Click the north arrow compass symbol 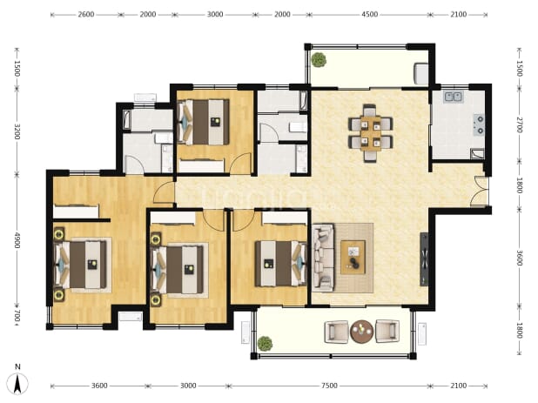coord(17,383)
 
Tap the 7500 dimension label coord(329,386)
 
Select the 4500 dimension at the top coord(369,15)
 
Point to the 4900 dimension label coord(17,240)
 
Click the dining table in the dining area coord(371,133)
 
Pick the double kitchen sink coord(454,97)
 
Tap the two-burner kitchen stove coord(479,124)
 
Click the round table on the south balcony coord(361,332)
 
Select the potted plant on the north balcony coord(319,60)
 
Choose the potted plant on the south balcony coord(265,343)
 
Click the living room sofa coord(323,258)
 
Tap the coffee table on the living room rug coord(353,258)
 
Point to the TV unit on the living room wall coord(425,259)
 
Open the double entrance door coord(480,192)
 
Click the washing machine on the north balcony coord(421,73)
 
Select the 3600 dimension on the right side coord(519,258)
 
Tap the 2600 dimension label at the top coord(86,15)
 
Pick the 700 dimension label coord(17,316)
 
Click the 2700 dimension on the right coord(519,124)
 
